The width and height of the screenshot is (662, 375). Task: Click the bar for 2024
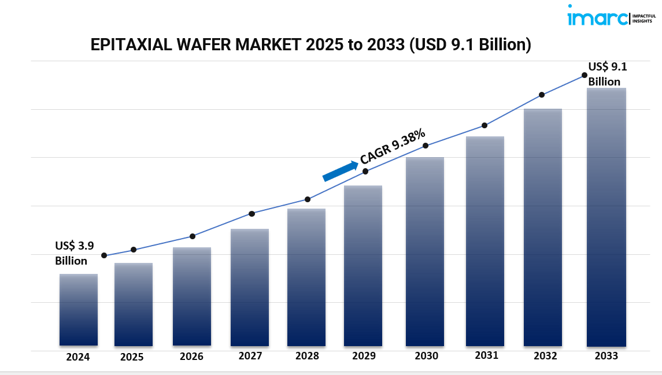tap(79, 310)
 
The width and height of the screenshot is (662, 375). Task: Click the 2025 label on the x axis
tap(132, 357)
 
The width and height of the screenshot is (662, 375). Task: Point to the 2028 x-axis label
tap(306, 357)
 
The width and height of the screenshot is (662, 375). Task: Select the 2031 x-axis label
tap(486, 355)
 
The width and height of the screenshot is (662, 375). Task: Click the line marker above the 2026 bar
tap(193, 236)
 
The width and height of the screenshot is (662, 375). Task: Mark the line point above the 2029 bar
tap(365, 172)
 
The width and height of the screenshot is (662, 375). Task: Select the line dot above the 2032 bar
tap(542, 95)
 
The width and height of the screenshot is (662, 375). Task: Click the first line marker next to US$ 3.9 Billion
tap(104, 255)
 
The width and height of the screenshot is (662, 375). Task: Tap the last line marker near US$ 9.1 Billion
tap(584, 75)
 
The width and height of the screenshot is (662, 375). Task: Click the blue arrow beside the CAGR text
tap(340, 171)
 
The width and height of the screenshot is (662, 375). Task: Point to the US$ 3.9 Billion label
tap(74, 253)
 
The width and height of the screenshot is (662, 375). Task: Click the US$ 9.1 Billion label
tap(607, 74)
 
